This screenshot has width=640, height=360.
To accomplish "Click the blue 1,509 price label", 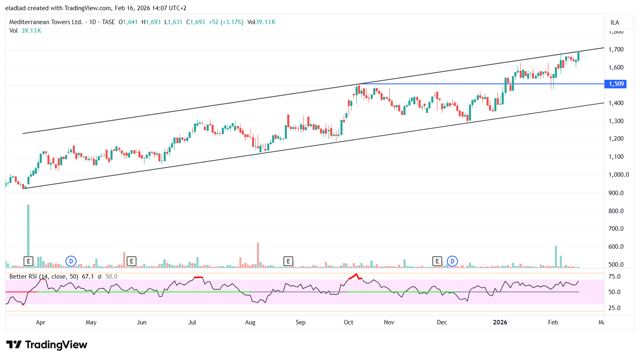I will [x=616, y=84].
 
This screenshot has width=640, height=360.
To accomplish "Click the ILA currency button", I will [x=615, y=22].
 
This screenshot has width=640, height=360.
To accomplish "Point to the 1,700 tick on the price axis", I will [x=616, y=49].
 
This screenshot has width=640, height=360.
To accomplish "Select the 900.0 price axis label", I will [x=616, y=193].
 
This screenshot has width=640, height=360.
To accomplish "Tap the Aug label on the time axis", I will [x=250, y=322].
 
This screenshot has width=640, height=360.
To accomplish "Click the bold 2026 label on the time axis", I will [x=500, y=322].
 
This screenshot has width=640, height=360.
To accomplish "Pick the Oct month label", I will [x=348, y=322].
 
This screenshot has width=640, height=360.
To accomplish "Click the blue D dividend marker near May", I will [x=71, y=261].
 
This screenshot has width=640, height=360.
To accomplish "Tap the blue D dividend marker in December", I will [x=452, y=261].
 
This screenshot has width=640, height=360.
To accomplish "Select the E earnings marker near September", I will [x=288, y=261].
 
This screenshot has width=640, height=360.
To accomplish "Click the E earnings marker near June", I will [x=131, y=261].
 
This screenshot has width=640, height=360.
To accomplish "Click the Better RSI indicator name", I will [x=24, y=277].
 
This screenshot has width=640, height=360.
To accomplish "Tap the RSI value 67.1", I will [x=88, y=277].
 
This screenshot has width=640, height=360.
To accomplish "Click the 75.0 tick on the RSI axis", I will [x=614, y=277].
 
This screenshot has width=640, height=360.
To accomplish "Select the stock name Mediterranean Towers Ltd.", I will [x=46, y=22].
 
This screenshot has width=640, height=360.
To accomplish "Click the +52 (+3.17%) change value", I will [x=226, y=22].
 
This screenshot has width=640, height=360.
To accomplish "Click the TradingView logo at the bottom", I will [x=47, y=345].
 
